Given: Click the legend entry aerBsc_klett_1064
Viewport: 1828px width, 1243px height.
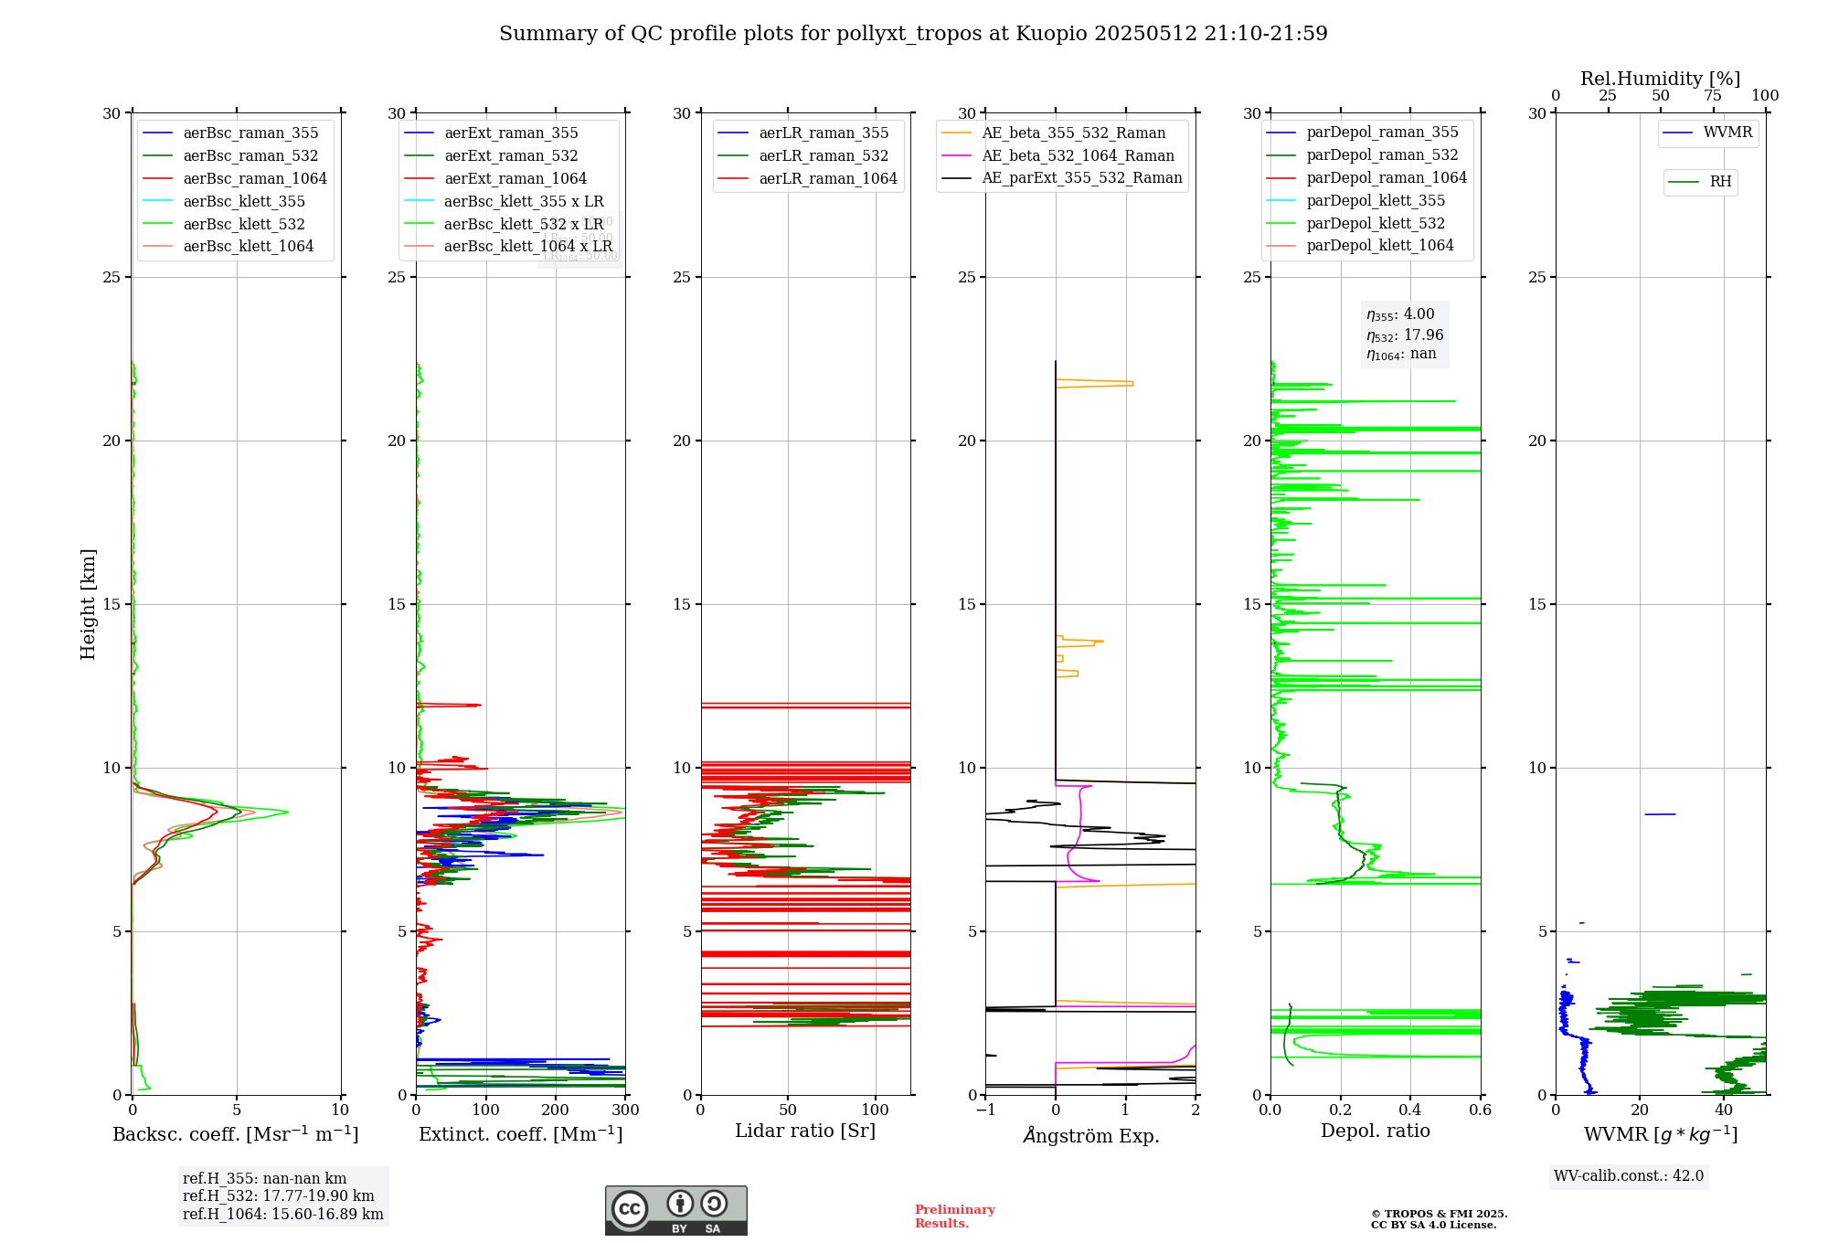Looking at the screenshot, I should tap(248, 247).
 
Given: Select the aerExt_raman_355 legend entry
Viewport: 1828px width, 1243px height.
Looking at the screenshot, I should tap(511, 133).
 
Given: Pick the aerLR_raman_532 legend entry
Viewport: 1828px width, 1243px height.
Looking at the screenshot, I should tap(824, 156).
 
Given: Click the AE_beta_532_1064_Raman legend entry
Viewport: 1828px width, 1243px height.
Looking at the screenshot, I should tap(1078, 156).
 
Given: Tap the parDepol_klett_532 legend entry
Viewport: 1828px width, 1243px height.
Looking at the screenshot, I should tap(1376, 224).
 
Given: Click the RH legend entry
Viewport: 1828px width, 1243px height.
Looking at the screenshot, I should tap(1720, 182).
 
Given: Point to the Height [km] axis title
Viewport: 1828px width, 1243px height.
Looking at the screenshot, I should tap(88, 604).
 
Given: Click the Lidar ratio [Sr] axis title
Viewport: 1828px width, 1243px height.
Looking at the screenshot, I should tap(805, 1131).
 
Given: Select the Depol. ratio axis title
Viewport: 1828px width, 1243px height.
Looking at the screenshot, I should tap(1375, 1131).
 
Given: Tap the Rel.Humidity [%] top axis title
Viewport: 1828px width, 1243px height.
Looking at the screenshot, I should tap(1660, 80).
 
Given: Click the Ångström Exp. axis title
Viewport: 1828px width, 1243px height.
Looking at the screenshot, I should tap(1090, 1136).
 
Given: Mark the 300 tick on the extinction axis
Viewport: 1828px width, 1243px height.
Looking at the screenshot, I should tap(626, 1110).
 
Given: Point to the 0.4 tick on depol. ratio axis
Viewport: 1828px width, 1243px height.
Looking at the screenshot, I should tap(1410, 1110).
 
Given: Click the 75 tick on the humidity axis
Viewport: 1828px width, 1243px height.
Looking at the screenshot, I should tap(1712, 96).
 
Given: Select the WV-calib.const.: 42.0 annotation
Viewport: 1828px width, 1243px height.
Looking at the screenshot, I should tap(1628, 1176).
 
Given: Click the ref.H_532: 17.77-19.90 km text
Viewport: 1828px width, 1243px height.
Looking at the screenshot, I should tap(278, 1196).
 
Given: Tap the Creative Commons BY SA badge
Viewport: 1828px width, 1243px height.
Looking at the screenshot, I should tap(675, 1211).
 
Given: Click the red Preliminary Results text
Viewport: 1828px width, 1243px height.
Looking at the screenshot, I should tap(954, 1216).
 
